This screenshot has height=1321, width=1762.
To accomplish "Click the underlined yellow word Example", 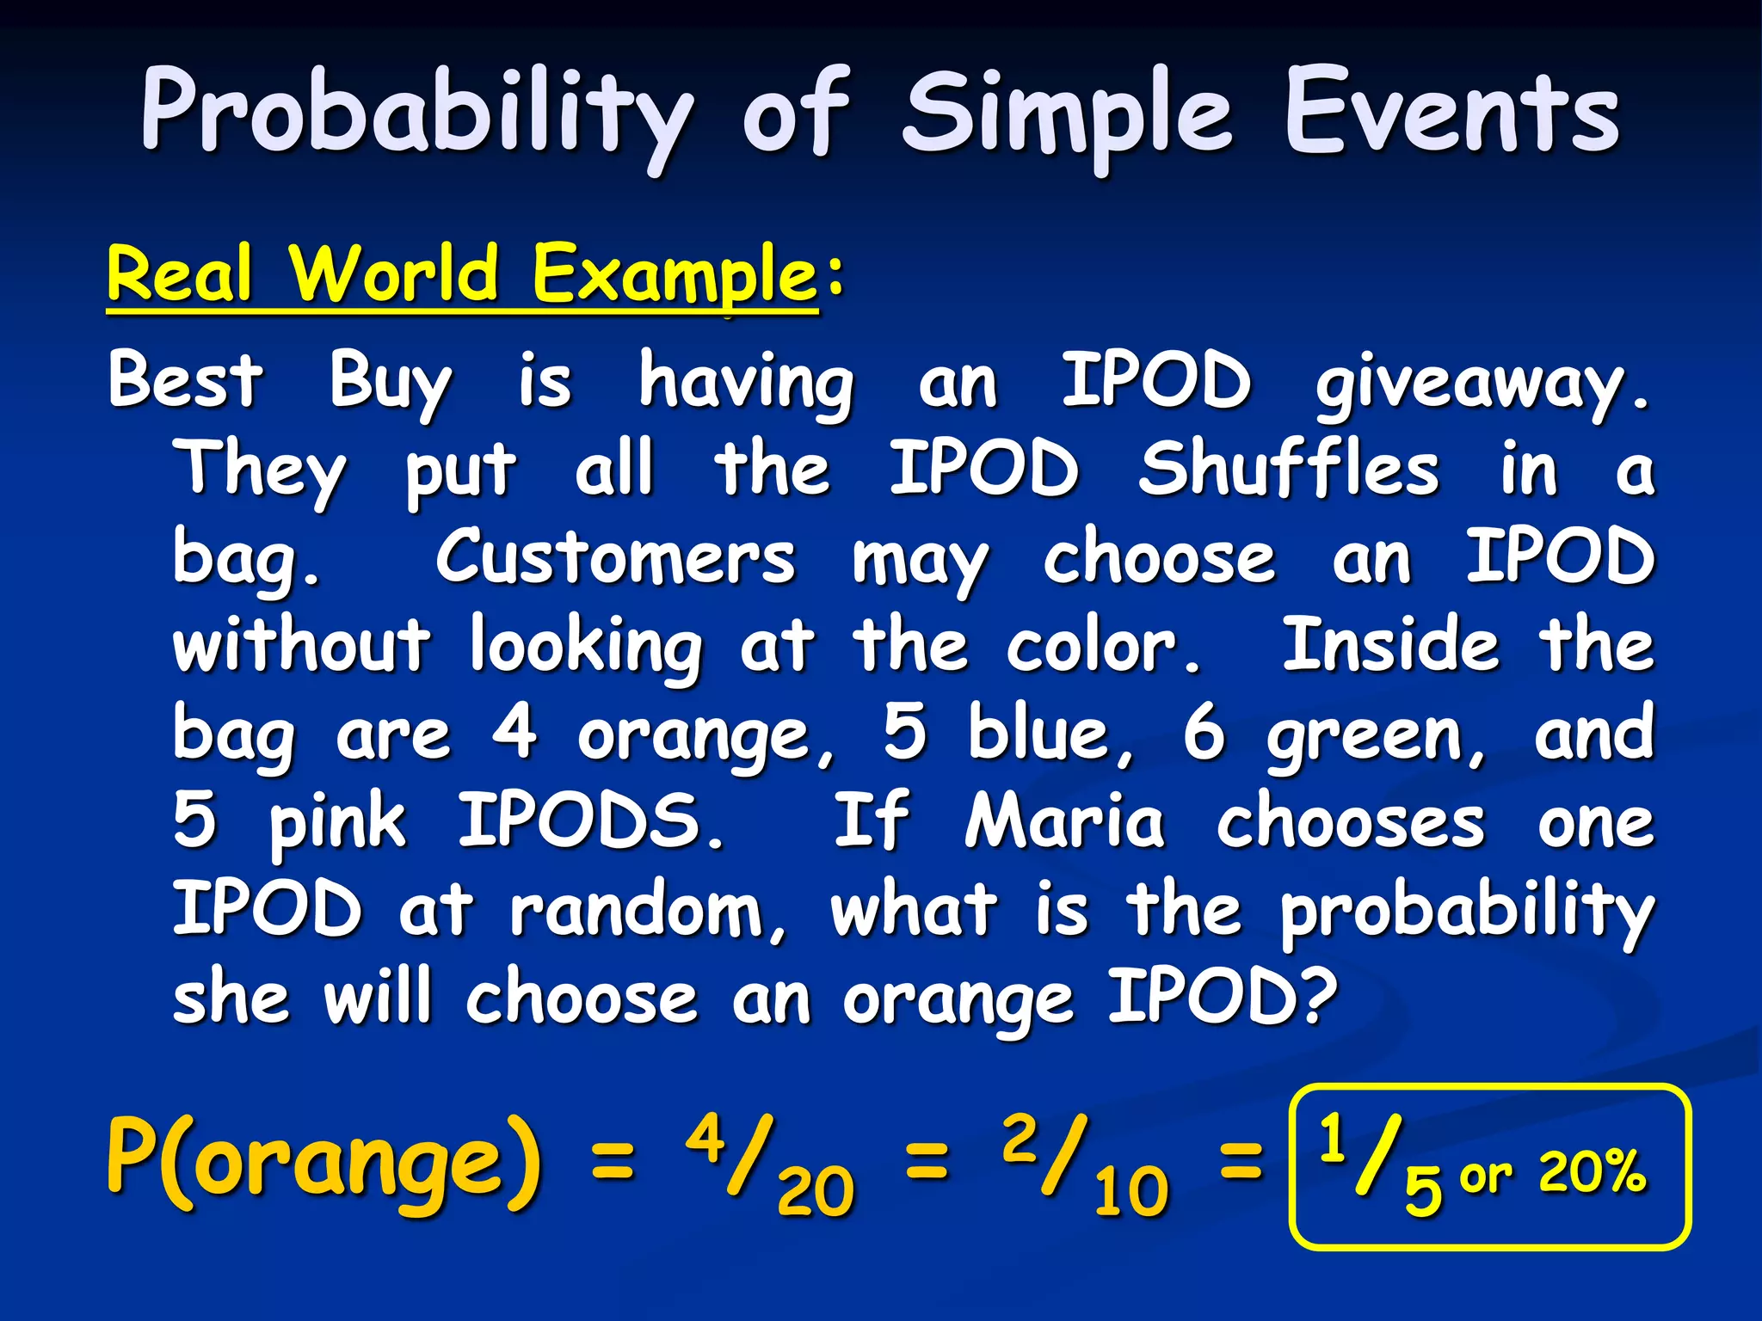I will point(674,275).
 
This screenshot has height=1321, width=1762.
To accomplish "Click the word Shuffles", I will point(1288,469).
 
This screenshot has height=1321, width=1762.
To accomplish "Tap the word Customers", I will point(615,558).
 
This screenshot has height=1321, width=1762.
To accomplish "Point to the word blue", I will point(1041,734).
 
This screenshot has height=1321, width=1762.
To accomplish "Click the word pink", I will point(337,824).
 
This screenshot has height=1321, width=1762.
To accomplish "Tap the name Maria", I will point(1064,821).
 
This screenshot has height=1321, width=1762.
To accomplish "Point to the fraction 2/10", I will point(1084,1165).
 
